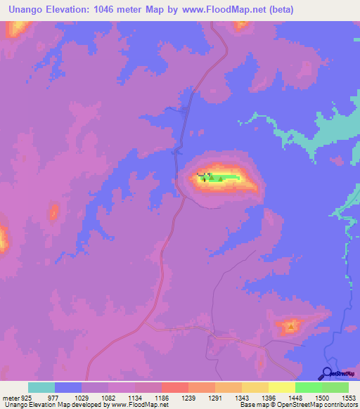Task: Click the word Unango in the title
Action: point(30,10)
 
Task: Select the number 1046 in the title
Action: point(118,10)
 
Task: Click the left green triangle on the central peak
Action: point(211,178)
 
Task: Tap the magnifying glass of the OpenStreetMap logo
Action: point(326,373)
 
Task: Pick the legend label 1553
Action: point(349,397)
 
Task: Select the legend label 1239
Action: point(188,397)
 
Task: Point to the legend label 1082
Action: point(108,397)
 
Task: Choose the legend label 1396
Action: point(269,397)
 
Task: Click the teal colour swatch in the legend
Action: point(41,387)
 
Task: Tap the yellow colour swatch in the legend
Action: point(282,387)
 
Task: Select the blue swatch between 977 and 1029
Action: point(68,387)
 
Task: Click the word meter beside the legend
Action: point(10,397)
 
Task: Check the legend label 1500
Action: point(322,397)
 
